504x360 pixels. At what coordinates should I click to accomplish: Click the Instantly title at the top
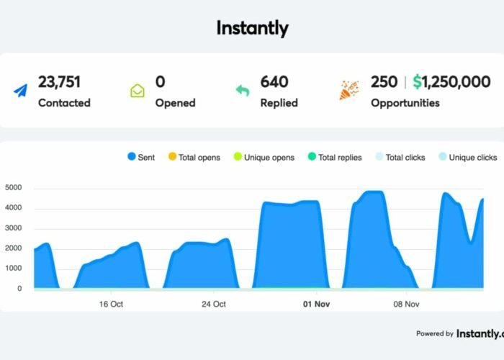pyautogui.click(x=252, y=28)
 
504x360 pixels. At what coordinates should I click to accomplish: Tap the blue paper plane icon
pyautogui.click(x=20, y=91)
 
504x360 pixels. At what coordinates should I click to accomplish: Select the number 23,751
pyautogui.click(x=63, y=82)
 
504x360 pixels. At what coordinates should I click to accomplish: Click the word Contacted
pyautogui.click(x=64, y=102)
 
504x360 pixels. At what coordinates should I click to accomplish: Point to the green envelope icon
pyautogui.click(x=138, y=91)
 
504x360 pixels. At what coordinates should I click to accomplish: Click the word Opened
pyautogui.click(x=175, y=102)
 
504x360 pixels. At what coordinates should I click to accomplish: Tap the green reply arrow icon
pyautogui.click(x=243, y=91)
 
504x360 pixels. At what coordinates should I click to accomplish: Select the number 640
pyautogui.click(x=274, y=82)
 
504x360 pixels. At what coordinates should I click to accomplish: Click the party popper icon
pyautogui.click(x=349, y=91)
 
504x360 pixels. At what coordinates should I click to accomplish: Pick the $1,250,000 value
pyautogui.click(x=451, y=82)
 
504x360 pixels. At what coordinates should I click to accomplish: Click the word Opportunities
pyautogui.click(x=405, y=102)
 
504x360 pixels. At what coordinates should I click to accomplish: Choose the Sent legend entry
pyautogui.click(x=142, y=157)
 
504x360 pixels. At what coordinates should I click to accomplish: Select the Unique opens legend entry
pyautogui.click(x=263, y=157)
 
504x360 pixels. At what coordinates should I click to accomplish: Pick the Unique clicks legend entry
pyautogui.click(x=467, y=157)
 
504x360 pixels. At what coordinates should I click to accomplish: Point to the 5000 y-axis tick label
pyautogui.click(x=14, y=188)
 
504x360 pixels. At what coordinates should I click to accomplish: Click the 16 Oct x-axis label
pyautogui.click(x=111, y=304)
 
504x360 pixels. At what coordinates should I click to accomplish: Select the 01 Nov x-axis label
pyautogui.click(x=316, y=304)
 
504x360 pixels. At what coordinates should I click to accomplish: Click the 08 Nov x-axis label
pyautogui.click(x=406, y=304)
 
